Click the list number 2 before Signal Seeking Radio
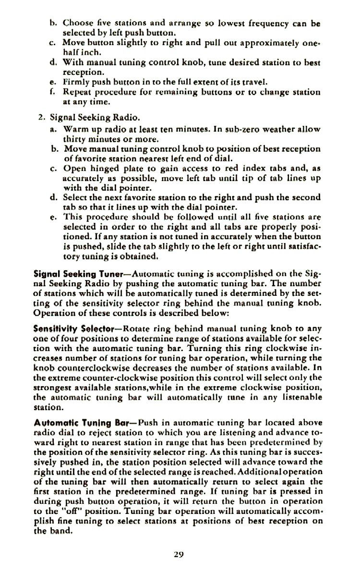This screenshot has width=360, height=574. [41, 117]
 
